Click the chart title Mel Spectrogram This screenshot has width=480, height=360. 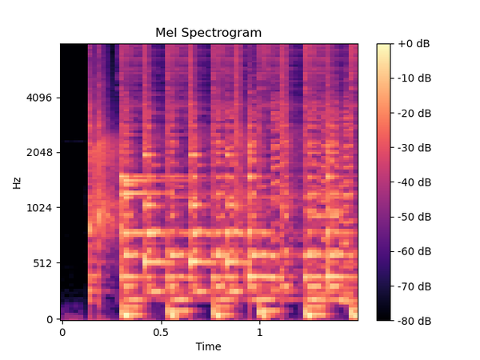pos(208,33)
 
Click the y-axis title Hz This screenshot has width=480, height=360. pos(17,182)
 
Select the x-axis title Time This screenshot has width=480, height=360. pos(208,346)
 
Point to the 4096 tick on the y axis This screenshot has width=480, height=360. pos(39,98)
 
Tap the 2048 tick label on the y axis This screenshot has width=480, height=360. pos(39,153)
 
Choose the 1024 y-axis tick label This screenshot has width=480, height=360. pos(39,208)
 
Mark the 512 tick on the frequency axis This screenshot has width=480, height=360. pos(42,263)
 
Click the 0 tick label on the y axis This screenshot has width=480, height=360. pos(50,319)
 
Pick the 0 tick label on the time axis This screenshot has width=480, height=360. pos(62,331)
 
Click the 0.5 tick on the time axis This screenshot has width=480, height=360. pos(161,331)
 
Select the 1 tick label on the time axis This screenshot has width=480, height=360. pos(259,331)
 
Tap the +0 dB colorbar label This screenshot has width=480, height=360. pos(414,43)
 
